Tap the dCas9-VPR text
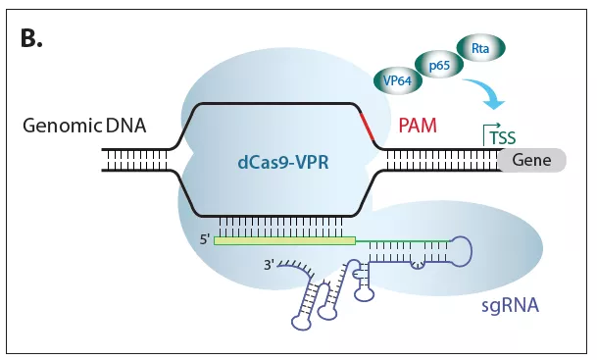[x=275, y=166]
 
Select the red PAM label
[x=418, y=126]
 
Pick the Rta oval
[x=481, y=46]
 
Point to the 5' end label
[x=203, y=236]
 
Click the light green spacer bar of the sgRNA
[x=284, y=238]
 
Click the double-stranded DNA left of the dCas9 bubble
[x=136, y=160]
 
